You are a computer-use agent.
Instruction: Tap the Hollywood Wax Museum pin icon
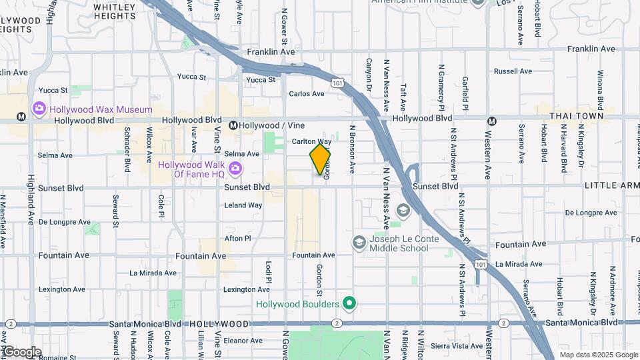point(39,109)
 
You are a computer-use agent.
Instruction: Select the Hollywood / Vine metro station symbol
point(234,125)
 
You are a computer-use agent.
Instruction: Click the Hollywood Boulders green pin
point(349,304)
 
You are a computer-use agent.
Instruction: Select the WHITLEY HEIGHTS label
point(115,11)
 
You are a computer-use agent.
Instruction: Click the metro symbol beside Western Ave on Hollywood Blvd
point(492,121)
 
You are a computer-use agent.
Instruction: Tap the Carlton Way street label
point(311,142)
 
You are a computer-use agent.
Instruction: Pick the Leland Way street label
point(243,205)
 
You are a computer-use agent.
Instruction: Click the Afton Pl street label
point(237,238)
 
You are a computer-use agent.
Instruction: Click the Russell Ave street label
point(513,71)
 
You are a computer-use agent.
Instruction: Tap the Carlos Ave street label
point(306,94)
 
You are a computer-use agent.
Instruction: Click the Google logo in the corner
point(22,352)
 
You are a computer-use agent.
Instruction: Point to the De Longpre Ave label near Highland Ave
point(64,222)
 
